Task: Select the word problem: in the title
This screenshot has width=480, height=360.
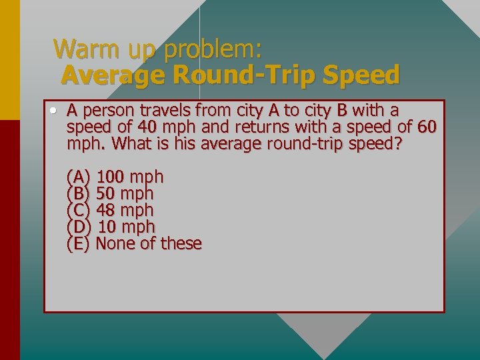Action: click(x=214, y=50)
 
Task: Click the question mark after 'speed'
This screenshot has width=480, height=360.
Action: click(x=399, y=143)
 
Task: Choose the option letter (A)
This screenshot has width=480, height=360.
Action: click(x=79, y=177)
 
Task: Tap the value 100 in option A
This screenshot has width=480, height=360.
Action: click(x=111, y=177)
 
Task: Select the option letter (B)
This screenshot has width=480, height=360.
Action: click(x=79, y=194)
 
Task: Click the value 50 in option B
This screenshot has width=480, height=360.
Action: click(x=105, y=194)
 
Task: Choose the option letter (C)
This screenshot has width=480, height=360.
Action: click(x=79, y=211)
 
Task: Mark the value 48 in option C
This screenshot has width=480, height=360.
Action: click(x=105, y=211)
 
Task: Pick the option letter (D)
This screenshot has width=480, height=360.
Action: click(x=79, y=227)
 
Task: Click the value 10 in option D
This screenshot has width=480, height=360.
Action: click(x=107, y=227)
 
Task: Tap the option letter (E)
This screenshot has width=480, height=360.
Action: click(x=78, y=244)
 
